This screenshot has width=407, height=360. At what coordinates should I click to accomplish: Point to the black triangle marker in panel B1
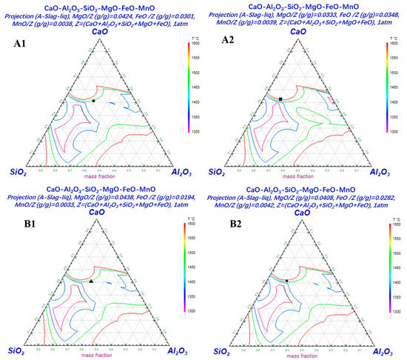(x=91, y=281)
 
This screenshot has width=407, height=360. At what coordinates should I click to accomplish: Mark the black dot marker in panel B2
(x=286, y=280)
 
